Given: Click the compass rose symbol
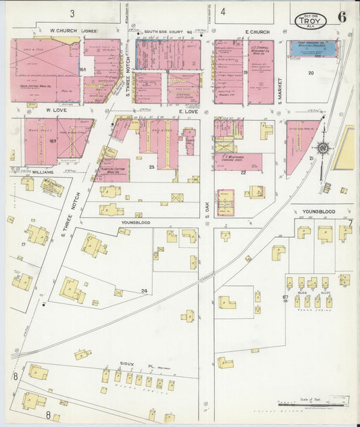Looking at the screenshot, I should (324, 147).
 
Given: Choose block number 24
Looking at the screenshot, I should (144, 291).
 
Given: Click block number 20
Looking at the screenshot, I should (311, 72).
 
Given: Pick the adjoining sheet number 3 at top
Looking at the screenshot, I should (72, 13).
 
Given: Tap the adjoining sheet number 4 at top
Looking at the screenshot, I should (223, 11).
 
